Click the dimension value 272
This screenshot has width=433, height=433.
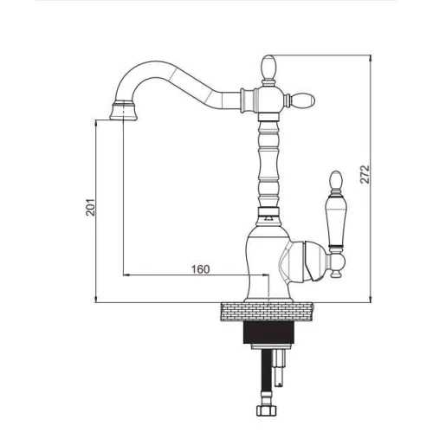click(365, 174)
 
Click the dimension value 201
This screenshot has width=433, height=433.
click(90, 207)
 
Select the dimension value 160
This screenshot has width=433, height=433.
click(201, 269)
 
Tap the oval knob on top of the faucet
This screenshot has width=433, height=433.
click(268, 67)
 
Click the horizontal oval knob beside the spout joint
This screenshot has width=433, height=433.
click(303, 100)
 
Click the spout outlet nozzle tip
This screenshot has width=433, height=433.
click(124, 110)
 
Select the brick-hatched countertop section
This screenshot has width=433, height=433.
click(268, 312)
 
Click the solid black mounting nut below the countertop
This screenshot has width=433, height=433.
click(268, 333)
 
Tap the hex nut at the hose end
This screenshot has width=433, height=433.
click(266, 410)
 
